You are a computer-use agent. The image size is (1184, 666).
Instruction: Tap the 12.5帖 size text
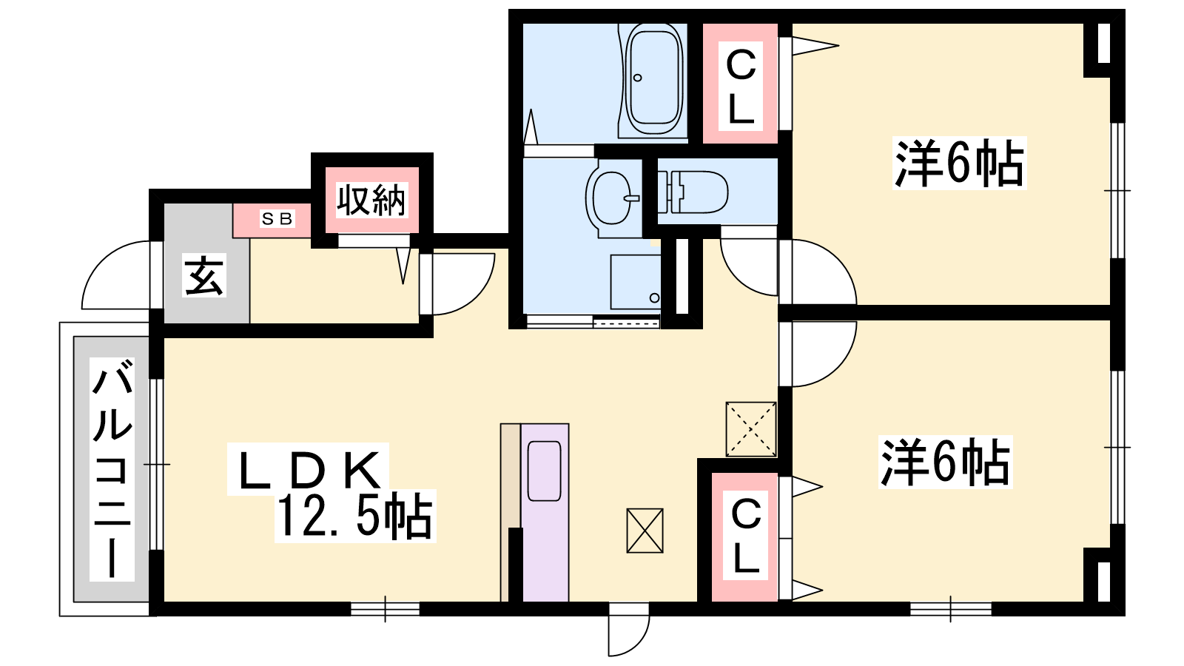point(354,515)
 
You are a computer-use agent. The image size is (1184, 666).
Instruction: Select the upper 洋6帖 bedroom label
point(959,163)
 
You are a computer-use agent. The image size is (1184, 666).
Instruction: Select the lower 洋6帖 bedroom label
point(945,462)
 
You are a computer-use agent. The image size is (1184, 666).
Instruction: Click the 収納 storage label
point(371,201)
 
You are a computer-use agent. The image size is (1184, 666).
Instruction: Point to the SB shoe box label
point(277,219)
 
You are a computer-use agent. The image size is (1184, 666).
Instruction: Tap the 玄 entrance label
point(204,275)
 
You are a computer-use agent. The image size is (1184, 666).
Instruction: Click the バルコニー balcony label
point(112,468)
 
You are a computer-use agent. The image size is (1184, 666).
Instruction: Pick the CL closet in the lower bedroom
point(744,537)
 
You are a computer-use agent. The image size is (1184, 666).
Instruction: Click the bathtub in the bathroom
point(653,78)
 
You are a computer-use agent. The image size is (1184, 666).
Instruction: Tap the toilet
point(693,192)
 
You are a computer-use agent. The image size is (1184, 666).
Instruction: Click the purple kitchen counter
point(545,512)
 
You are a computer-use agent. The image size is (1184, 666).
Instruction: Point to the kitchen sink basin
point(545,471)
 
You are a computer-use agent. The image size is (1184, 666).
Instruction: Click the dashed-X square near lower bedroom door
point(751,428)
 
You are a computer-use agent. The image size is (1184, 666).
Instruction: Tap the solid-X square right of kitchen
point(645,531)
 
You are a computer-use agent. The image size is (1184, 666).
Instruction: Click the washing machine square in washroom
point(636,282)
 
